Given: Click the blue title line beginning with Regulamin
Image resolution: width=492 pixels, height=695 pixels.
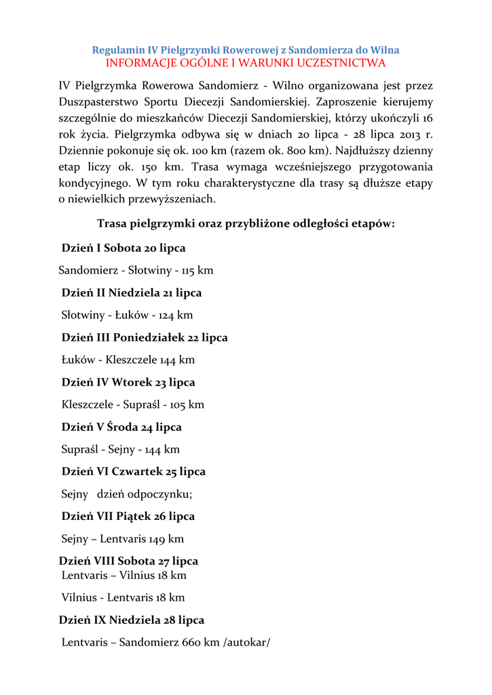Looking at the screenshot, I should coord(246,50).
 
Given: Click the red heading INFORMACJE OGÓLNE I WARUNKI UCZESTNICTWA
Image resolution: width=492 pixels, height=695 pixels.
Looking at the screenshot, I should coord(246,63).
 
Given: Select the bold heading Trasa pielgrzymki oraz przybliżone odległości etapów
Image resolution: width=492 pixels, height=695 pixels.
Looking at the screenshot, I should coord(246,223).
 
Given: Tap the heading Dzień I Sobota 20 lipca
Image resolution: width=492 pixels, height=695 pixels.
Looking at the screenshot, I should coord(124,248).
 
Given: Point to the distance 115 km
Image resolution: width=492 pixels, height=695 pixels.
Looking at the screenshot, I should coord(197,270).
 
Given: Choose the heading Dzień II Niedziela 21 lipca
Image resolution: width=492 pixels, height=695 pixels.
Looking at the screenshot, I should coord(132,293).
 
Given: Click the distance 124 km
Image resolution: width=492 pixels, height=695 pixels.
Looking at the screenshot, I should coord(176,315).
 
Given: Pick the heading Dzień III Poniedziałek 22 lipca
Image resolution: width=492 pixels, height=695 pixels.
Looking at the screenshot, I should coord(145,337).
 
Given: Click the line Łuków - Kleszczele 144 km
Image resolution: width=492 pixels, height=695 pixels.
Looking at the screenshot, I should coord(128,360).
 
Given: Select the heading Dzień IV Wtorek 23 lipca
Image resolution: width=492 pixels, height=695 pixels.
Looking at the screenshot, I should coord(128,382).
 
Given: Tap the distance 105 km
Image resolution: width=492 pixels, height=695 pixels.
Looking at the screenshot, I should coord(187,405).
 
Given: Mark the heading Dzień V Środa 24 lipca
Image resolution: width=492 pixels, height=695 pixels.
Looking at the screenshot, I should coord(121,427).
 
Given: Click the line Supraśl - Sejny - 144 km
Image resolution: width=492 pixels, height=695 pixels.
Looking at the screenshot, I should coord(121,449).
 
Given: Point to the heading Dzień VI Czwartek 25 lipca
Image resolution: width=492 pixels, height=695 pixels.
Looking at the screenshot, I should coord(134,472).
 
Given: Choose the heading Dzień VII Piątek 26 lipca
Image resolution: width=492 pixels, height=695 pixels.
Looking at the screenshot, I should coord(128,516).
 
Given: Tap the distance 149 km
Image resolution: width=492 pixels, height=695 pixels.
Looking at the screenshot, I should coord(166,539).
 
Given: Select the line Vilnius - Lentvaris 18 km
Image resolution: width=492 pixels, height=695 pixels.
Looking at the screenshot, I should coord(123,597).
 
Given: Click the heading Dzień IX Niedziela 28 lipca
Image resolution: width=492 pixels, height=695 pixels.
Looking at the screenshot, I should coord(132,620).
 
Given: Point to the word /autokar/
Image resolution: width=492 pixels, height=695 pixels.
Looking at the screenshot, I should coord(246,642).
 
